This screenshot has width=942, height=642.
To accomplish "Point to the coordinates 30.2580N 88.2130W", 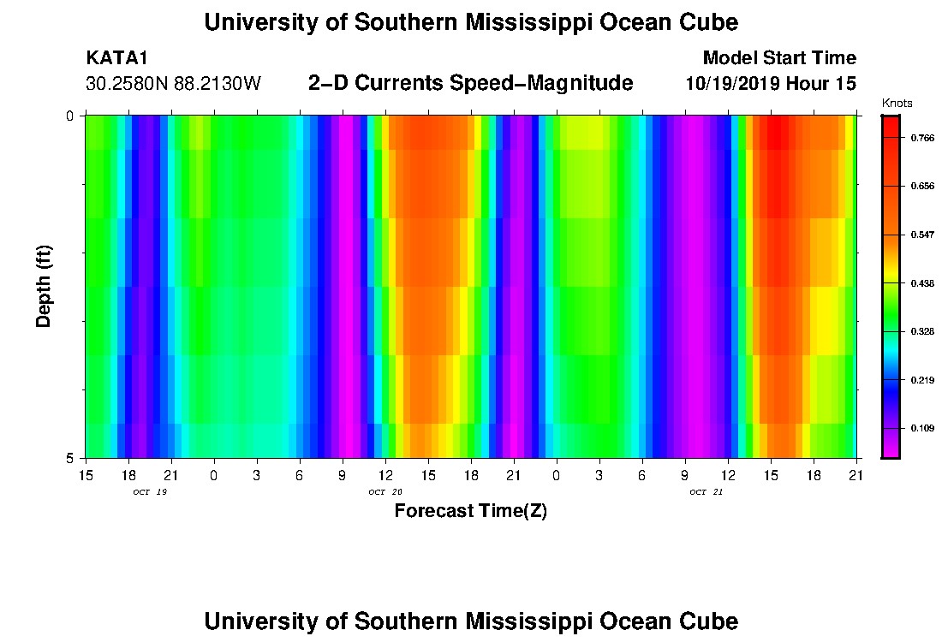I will click(174, 84).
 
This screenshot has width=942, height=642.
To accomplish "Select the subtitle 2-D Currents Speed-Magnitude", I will click(470, 83).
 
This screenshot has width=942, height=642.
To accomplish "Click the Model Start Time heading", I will click(778, 58).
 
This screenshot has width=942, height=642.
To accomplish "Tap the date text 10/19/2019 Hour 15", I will click(771, 84).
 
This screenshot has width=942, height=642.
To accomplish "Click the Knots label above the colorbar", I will click(897, 103).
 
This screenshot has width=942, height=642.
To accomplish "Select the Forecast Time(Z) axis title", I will click(470, 512).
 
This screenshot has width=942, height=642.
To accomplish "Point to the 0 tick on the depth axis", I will click(69, 116).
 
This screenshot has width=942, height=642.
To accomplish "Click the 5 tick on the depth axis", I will click(69, 458).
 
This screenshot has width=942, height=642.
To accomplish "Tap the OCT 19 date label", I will click(150, 492).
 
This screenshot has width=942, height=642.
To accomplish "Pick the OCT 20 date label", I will click(385, 492).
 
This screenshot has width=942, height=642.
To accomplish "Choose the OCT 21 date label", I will click(706, 492).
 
